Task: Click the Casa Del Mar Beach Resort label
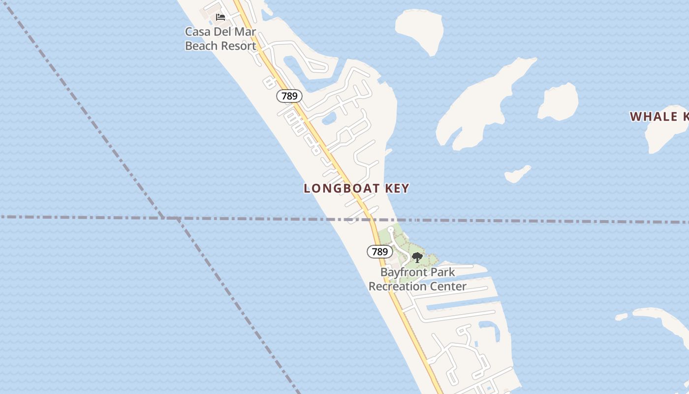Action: (220, 39)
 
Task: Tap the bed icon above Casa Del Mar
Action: (220, 17)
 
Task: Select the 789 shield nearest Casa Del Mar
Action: (289, 96)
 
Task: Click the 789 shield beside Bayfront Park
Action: (379, 252)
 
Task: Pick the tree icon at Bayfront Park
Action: (417, 257)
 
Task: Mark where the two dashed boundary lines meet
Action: (170, 217)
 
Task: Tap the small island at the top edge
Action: (421, 30)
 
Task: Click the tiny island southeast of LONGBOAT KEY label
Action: (517, 174)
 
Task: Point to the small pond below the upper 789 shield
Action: (329, 118)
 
